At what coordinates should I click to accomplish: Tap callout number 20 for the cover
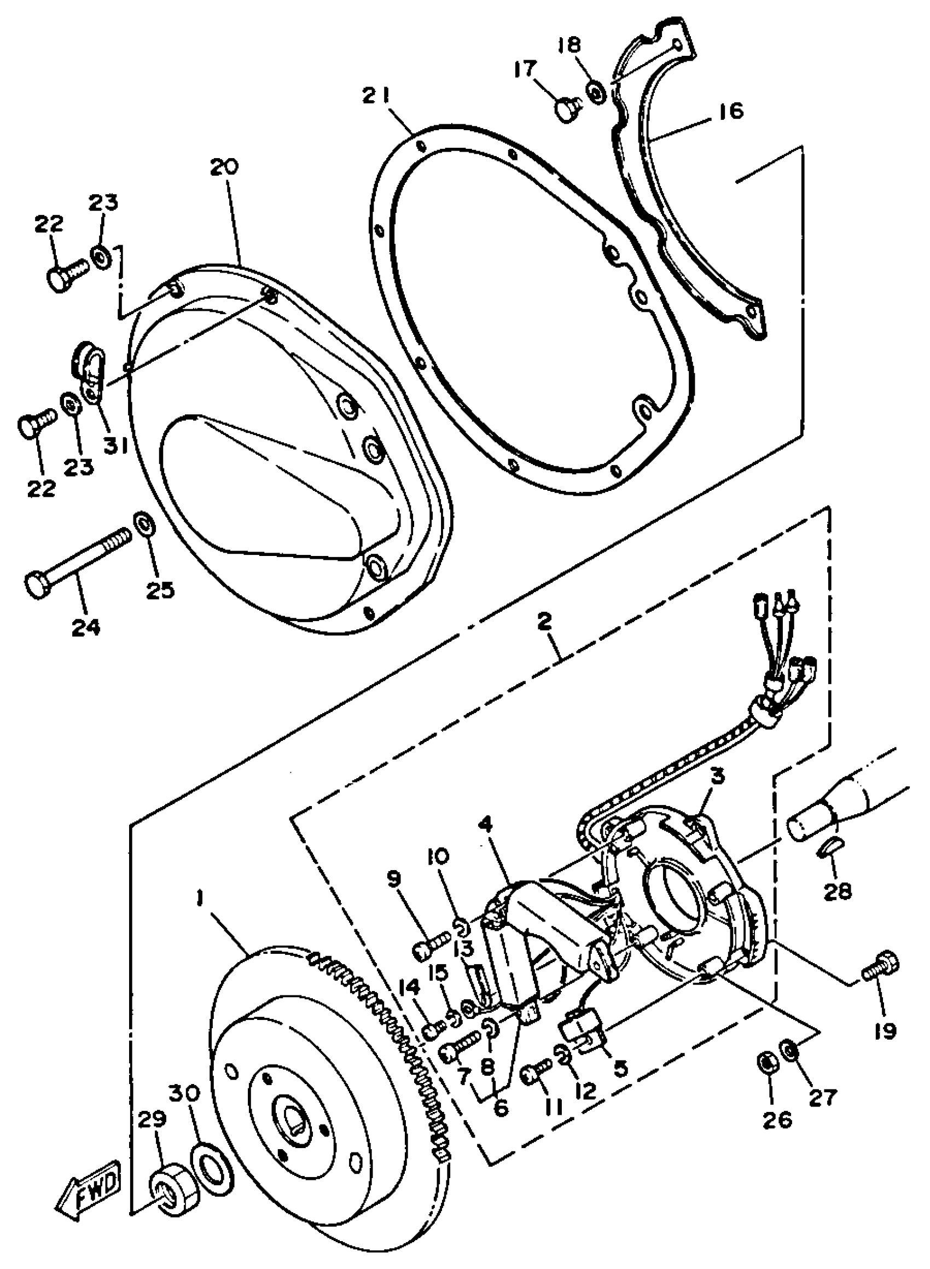(225, 167)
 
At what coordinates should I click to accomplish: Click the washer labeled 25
(145, 523)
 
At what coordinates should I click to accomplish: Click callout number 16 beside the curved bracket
(731, 111)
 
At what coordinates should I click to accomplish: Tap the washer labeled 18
(596, 92)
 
